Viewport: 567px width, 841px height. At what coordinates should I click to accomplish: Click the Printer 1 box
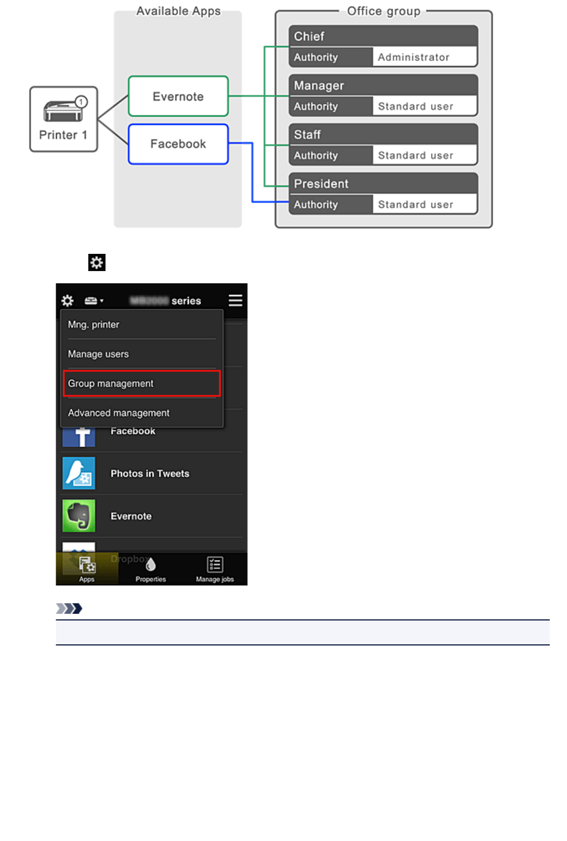tap(63, 119)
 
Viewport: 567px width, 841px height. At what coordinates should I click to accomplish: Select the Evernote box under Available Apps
tap(178, 96)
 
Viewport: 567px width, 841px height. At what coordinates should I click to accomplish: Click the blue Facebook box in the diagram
tap(178, 144)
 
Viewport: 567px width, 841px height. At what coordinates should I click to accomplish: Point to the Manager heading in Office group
tap(319, 86)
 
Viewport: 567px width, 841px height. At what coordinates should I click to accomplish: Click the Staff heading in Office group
tap(307, 134)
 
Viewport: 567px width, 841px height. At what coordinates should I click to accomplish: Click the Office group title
tap(383, 11)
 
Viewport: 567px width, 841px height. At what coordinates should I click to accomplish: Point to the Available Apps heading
tap(178, 11)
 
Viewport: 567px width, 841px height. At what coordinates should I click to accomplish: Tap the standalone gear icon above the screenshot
tap(97, 262)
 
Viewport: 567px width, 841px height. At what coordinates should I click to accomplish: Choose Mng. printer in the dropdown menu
tap(93, 324)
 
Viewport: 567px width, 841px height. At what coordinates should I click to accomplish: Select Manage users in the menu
tap(98, 354)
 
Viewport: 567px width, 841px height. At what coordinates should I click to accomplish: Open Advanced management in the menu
tap(119, 413)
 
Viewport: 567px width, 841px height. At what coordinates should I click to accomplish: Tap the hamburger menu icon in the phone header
tap(235, 301)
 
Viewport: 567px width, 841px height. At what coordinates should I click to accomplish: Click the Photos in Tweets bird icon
tap(79, 473)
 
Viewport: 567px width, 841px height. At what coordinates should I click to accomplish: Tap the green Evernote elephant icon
tap(79, 516)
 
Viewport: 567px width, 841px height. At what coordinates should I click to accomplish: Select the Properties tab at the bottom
tap(150, 569)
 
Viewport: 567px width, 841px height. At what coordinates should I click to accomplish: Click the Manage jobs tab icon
tap(215, 565)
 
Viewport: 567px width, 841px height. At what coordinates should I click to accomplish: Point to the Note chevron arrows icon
tap(69, 608)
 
